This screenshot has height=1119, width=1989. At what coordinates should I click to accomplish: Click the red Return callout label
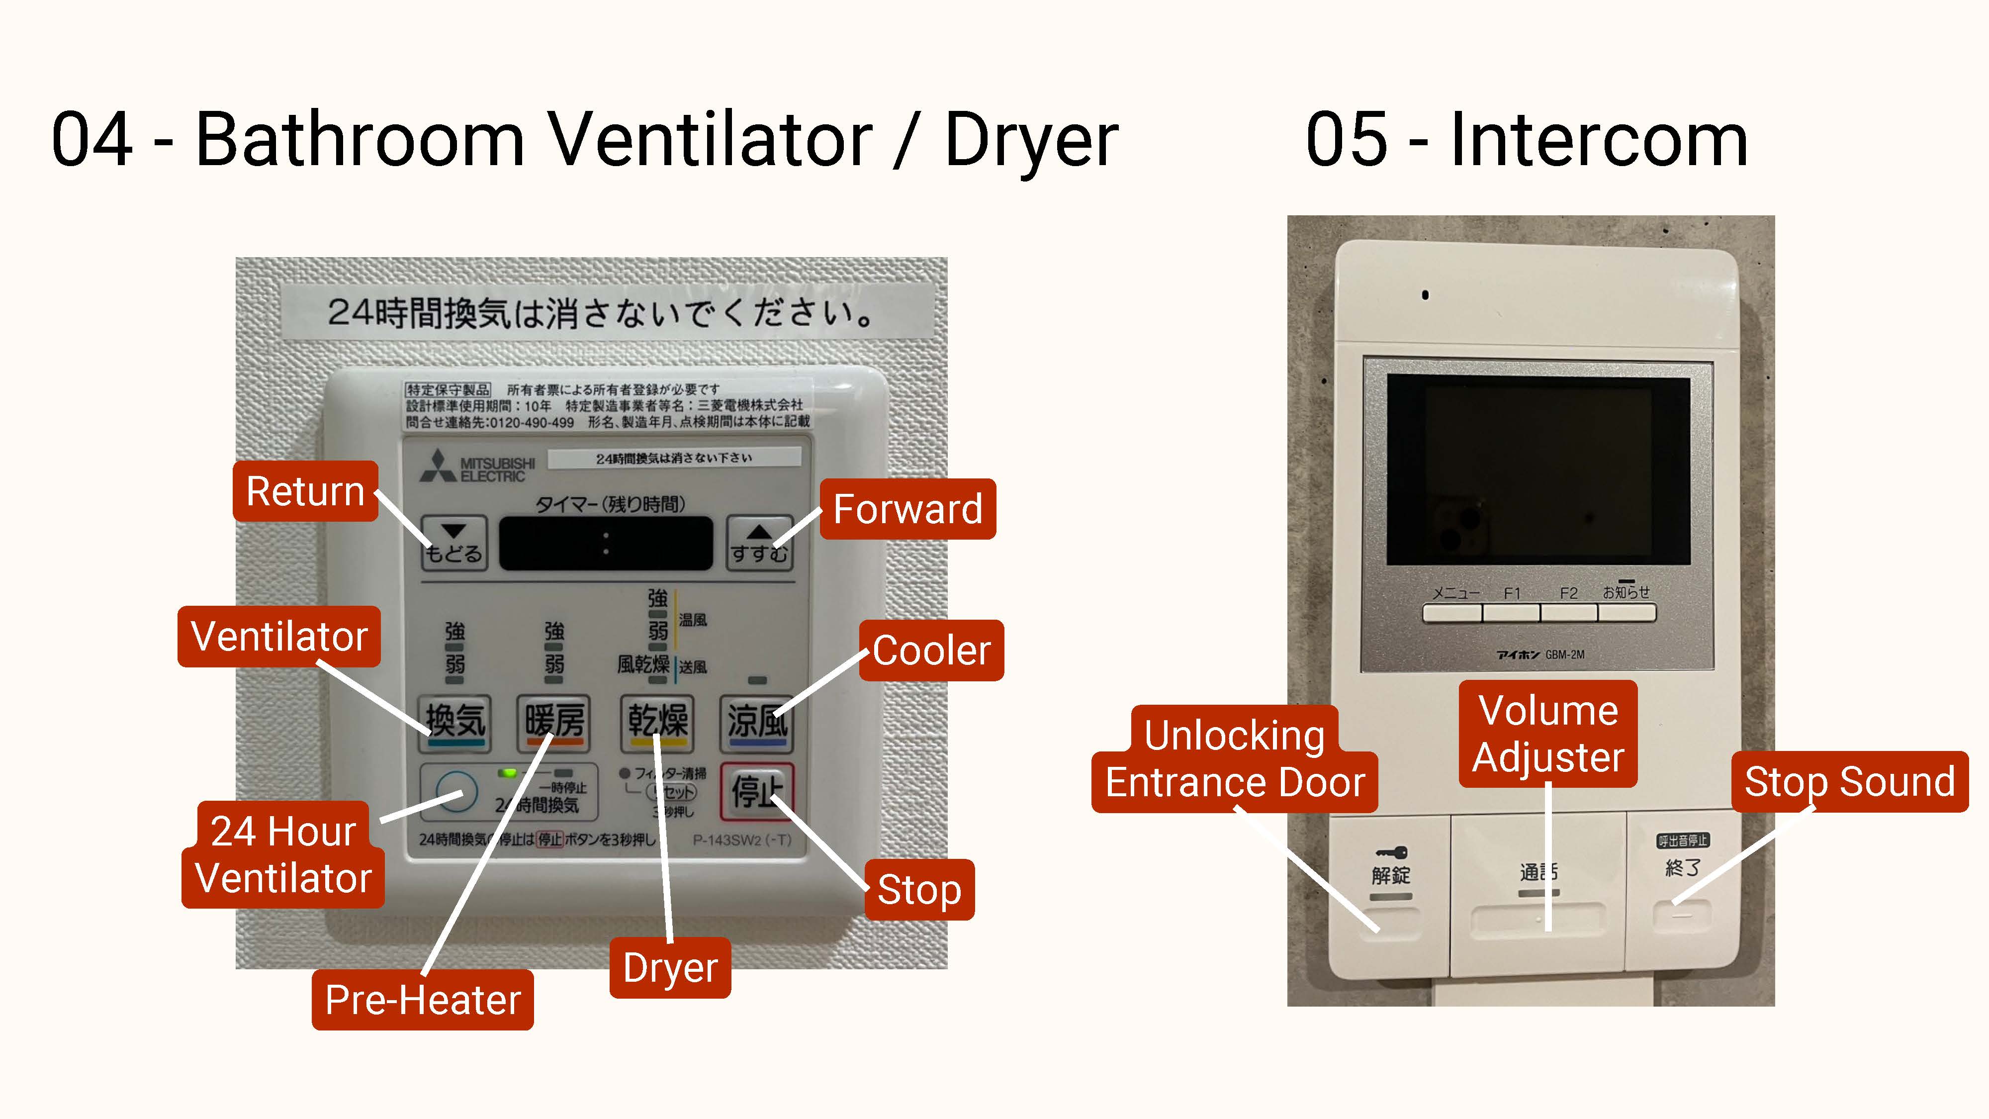pyautogui.click(x=305, y=491)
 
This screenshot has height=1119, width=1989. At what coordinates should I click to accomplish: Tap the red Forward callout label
pyautogui.click(x=907, y=509)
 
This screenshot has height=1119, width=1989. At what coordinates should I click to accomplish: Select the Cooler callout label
pyautogui.click(x=931, y=650)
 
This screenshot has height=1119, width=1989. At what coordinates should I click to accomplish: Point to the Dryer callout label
pyautogui.click(x=669, y=968)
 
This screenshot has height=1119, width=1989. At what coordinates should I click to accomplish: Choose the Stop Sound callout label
pyautogui.click(x=1849, y=781)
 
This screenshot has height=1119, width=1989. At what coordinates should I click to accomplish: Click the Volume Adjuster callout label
pyautogui.click(x=1547, y=734)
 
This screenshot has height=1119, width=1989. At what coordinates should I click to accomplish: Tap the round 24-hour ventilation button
pyautogui.click(x=456, y=792)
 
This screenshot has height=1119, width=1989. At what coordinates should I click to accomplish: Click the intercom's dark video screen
pyautogui.click(x=1538, y=471)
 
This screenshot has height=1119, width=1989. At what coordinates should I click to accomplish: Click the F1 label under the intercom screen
pyautogui.click(x=1511, y=593)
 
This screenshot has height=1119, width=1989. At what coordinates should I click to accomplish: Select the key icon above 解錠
pyautogui.click(x=1391, y=852)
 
